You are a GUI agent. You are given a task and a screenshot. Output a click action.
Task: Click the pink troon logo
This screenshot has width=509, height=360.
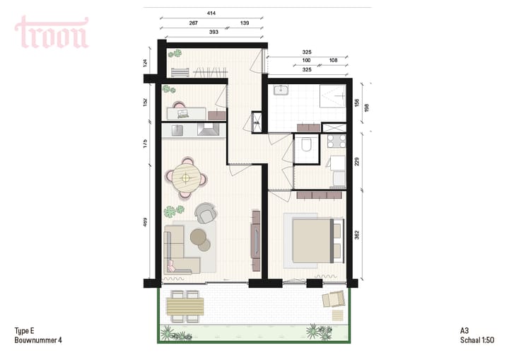pyautogui.click(x=52, y=33)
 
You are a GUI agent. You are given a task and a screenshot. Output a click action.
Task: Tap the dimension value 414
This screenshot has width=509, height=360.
pyautogui.click(x=211, y=13)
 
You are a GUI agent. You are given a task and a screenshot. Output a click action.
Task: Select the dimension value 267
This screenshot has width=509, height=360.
pyautogui.click(x=193, y=23)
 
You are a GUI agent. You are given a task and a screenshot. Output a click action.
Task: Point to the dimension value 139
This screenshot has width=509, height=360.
pyautogui.click(x=245, y=23)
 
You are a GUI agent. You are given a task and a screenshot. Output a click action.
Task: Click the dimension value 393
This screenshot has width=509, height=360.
pyautogui.click(x=213, y=32)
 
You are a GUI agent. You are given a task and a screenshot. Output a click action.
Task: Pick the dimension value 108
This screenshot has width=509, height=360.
pyautogui.click(x=333, y=61)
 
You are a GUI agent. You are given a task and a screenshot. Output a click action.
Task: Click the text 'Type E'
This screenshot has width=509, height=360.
pyautogui.click(x=25, y=330)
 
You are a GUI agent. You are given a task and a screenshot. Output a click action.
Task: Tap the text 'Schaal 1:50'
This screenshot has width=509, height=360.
pyautogui.click(x=475, y=340)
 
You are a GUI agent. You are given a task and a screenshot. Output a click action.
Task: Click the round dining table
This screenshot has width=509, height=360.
pyautogui.click(x=187, y=175)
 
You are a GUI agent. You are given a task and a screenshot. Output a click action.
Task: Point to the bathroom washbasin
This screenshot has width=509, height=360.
pyautogui.click(x=283, y=90)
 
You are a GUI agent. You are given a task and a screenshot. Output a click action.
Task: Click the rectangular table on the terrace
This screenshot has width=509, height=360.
pyautogui.click(x=184, y=306)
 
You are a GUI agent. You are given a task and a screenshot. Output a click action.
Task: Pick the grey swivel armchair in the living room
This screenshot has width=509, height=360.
pyautogui.click(x=206, y=213)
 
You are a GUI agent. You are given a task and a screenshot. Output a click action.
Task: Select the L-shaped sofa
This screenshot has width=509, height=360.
pyautogui.click(x=181, y=252)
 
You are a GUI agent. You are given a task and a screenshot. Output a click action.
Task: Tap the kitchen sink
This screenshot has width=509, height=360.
pyautogui.click(x=176, y=129)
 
